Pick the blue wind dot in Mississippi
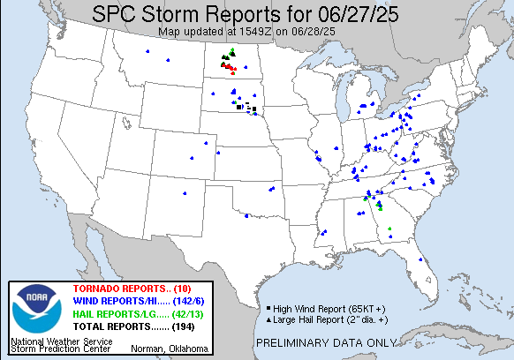coord(326,231)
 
